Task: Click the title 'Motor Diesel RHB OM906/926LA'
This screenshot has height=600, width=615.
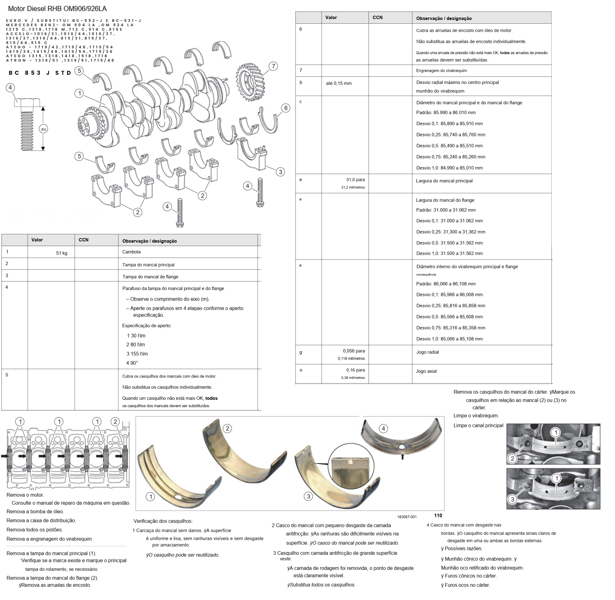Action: [x=57, y=9]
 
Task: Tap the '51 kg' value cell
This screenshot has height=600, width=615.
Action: [x=62, y=253]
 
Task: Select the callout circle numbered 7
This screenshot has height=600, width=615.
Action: [x=273, y=66]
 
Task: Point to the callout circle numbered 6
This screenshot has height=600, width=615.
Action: [x=286, y=108]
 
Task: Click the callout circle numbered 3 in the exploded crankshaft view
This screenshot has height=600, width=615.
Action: [x=280, y=172]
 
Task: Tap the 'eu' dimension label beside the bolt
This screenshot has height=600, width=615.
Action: [x=43, y=129]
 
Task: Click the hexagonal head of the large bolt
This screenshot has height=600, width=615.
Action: [x=27, y=103]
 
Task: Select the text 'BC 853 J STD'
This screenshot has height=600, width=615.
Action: [x=40, y=73]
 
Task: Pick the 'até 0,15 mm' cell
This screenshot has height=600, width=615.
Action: [x=339, y=83]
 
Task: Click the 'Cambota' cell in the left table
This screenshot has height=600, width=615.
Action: [x=131, y=252]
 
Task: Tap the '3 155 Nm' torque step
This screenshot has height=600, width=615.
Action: [x=137, y=354]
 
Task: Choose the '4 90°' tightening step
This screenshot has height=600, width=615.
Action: [x=132, y=363]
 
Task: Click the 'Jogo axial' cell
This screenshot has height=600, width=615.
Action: [x=426, y=371]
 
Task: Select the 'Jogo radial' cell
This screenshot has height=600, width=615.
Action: [x=427, y=352]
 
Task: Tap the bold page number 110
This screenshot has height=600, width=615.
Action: [x=438, y=516]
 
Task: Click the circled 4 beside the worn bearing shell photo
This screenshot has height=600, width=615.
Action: [x=383, y=429]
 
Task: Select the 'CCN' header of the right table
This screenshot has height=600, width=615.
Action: [x=377, y=18]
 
